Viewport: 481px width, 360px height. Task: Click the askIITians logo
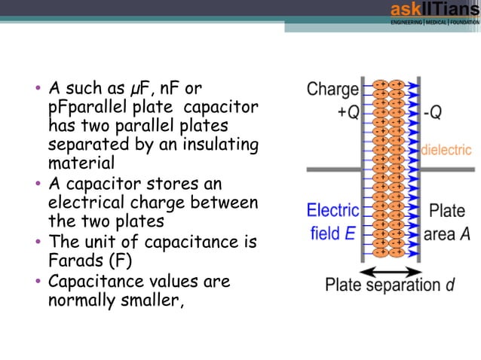[434, 13]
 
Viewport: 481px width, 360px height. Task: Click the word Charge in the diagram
[332, 90]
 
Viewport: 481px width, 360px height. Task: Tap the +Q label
[348, 112]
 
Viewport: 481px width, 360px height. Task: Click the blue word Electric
[332, 211]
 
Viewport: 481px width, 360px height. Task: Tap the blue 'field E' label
[332, 233]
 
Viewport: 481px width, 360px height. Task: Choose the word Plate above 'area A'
[446, 211]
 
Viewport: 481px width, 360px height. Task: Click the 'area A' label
[447, 234]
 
